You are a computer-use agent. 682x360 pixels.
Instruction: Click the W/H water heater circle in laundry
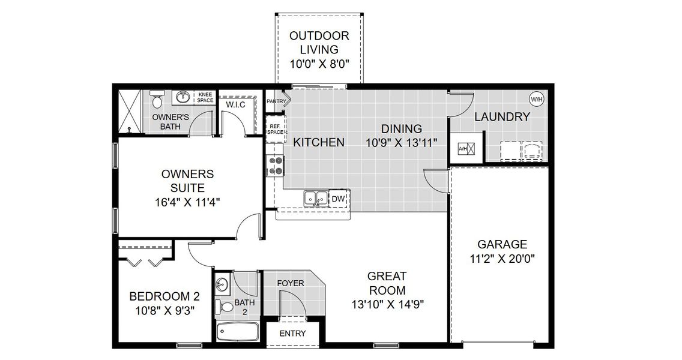[536, 99]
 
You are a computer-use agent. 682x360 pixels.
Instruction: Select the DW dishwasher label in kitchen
[338, 198]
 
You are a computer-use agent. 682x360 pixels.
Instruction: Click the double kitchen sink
[315, 197]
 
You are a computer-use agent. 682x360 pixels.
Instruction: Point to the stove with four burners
[275, 165]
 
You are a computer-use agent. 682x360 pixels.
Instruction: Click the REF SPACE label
[275, 129]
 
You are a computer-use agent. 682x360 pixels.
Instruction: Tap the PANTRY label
[276, 101]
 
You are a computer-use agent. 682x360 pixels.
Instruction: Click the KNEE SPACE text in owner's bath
[205, 98]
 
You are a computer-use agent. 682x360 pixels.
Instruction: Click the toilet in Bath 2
[226, 307]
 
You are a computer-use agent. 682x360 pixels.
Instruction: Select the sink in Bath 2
[222, 284]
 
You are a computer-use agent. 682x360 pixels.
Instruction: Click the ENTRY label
[292, 334]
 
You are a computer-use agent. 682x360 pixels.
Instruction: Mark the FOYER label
[291, 283]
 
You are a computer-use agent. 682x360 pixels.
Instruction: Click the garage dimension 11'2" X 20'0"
[502, 259]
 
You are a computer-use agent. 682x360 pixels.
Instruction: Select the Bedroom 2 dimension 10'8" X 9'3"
[164, 310]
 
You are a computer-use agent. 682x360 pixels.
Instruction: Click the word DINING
[402, 128]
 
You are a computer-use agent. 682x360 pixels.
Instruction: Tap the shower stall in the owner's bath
[130, 111]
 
